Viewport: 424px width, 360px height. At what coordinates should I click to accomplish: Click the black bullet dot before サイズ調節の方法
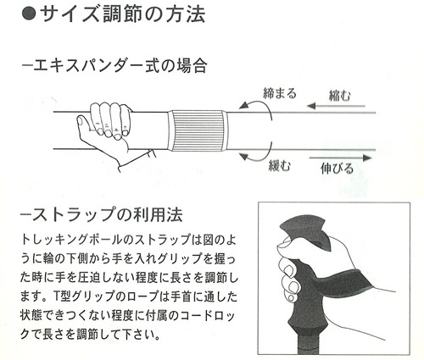(x=29, y=14)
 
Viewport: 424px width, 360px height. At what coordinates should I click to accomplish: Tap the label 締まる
(x=280, y=93)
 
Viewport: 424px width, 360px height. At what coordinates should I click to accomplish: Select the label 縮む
(x=340, y=96)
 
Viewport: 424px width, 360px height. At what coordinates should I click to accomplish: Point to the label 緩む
(x=280, y=165)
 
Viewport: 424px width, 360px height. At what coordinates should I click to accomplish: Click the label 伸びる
(x=338, y=169)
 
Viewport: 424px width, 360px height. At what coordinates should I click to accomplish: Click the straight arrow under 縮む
(x=336, y=106)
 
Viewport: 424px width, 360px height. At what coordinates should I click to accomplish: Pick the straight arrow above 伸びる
(x=340, y=158)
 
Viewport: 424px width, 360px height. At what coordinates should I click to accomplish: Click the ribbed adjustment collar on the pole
(x=198, y=130)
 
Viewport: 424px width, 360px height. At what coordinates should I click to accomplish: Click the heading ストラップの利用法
(x=102, y=215)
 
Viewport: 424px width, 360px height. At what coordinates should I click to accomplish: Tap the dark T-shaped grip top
(x=304, y=230)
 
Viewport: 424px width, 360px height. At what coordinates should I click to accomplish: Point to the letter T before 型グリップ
(x=56, y=296)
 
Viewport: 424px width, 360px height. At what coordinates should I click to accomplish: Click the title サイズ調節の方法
(x=123, y=14)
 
